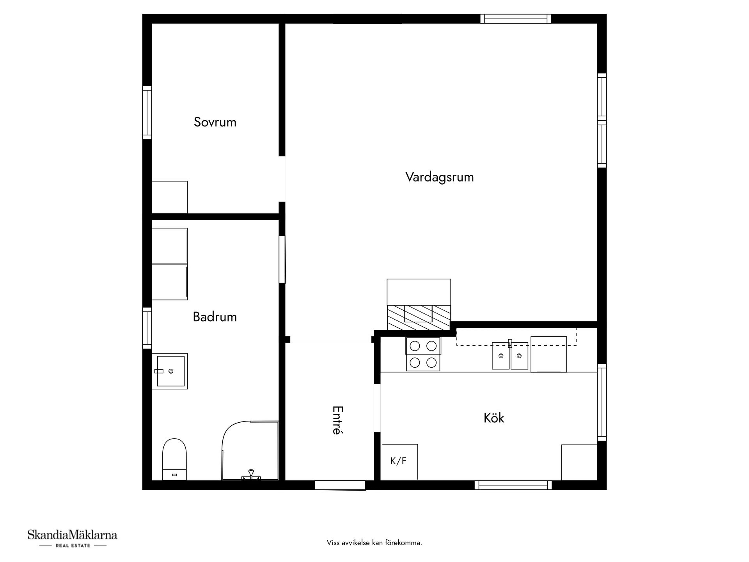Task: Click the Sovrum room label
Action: (215, 122)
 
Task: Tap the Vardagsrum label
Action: (439, 177)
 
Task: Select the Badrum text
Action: (215, 317)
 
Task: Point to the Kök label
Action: (493, 418)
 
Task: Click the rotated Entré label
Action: (337, 420)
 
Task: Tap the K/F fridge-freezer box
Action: (399, 461)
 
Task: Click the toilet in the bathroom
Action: (174, 459)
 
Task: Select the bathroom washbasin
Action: (170, 371)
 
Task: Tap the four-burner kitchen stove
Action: (423, 354)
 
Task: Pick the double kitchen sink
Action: (510, 356)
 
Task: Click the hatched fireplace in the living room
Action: (419, 317)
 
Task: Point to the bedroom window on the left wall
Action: (147, 112)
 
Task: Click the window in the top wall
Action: (516, 19)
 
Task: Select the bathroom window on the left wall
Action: (147, 328)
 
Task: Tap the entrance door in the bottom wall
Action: (340, 485)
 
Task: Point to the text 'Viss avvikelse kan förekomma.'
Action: (374, 543)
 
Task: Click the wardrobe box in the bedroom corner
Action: (169, 197)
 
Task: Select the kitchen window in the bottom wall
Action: (513, 485)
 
